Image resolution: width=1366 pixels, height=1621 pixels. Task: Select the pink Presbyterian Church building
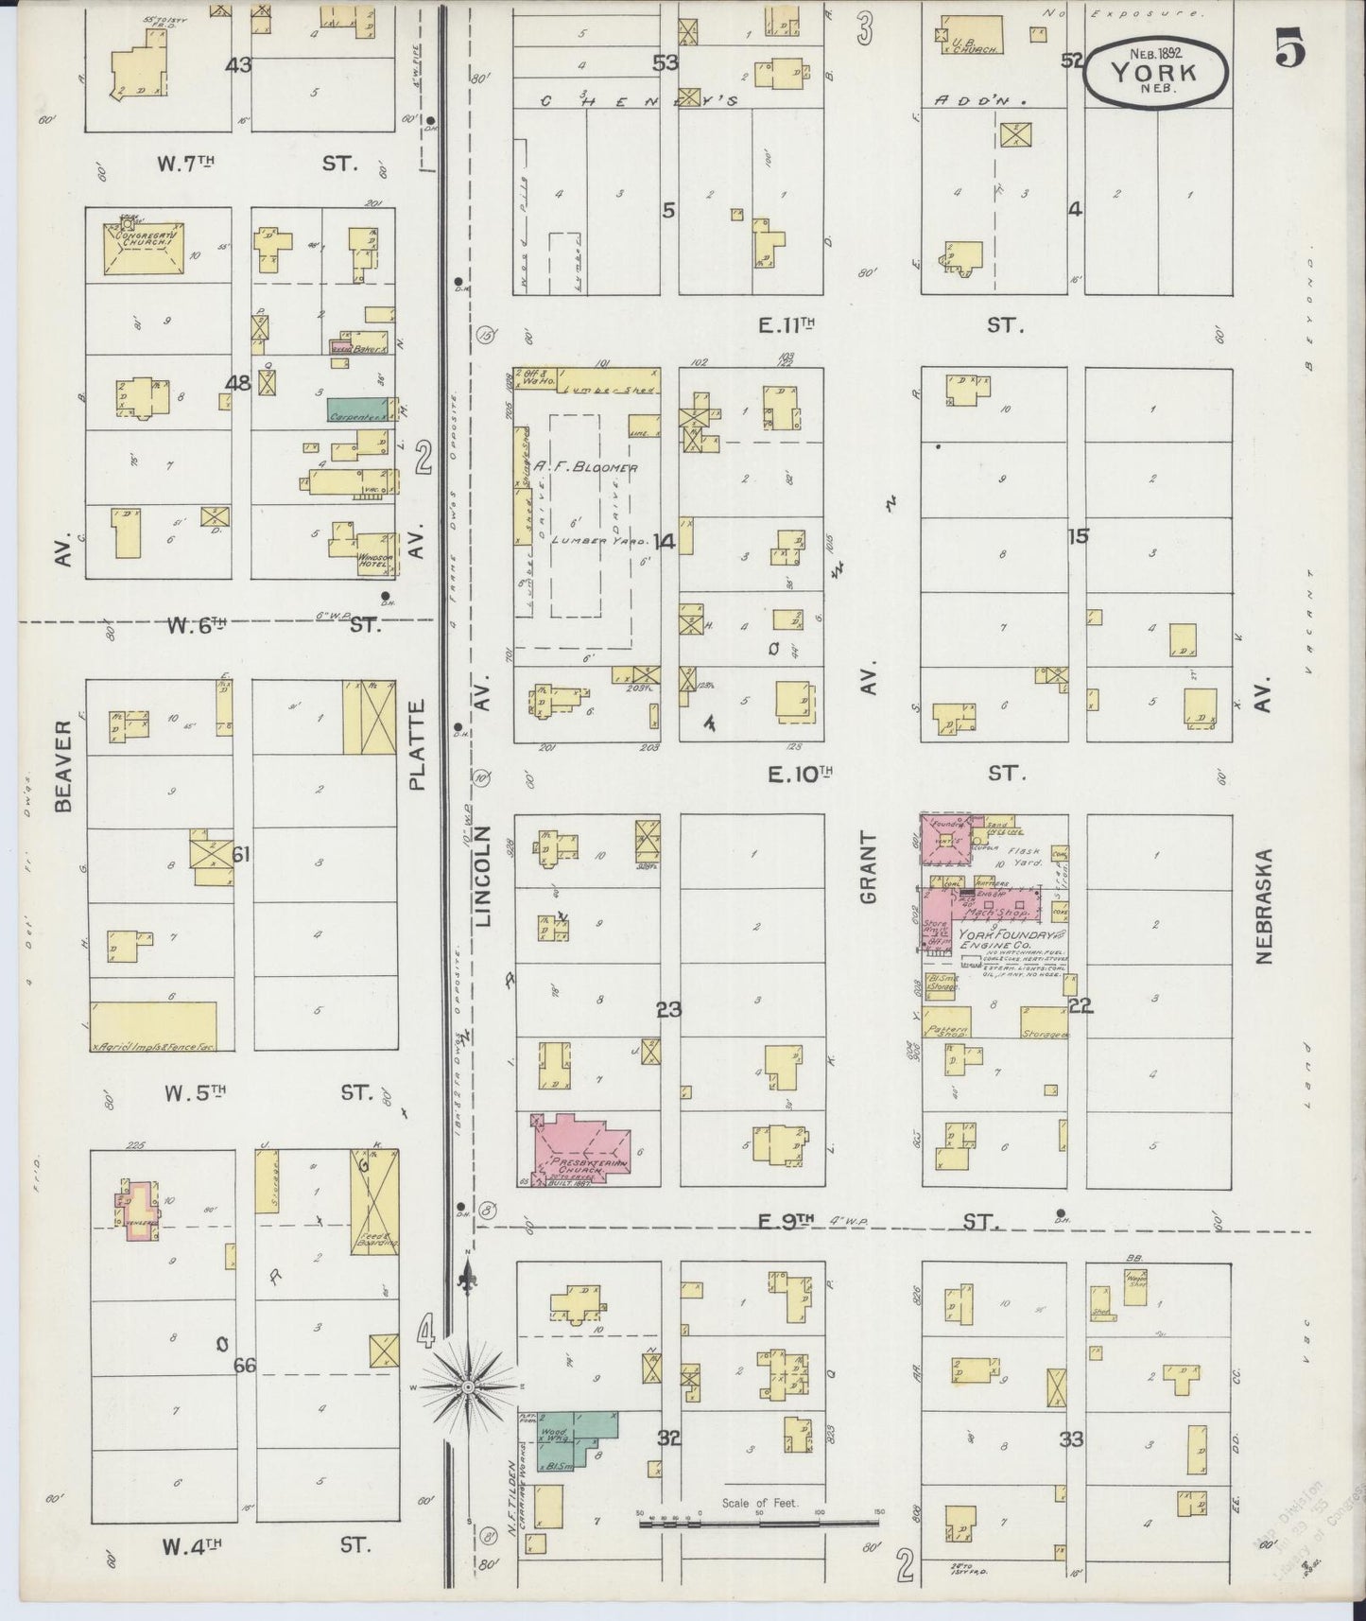[x=577, y=1146]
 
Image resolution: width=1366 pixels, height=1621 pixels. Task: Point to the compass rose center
[x=467, y=1386]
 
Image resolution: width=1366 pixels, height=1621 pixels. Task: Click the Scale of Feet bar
[x=758, y=1522]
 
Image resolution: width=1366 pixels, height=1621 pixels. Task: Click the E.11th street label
[x=787, y=326]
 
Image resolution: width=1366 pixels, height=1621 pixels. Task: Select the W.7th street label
[x=185, y=163]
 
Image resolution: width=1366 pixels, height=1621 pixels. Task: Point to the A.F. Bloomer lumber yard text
[x=585, y=467]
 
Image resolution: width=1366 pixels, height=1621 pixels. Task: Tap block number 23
[x=669, y=1010]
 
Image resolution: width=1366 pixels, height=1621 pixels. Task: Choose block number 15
[x=1078, y=536]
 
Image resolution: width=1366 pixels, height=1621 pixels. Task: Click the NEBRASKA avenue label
[x=1267, y=906]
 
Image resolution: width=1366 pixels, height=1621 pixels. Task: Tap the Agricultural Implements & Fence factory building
[x=153, y=1026]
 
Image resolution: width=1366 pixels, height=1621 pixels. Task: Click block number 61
[x=241, y=855]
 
